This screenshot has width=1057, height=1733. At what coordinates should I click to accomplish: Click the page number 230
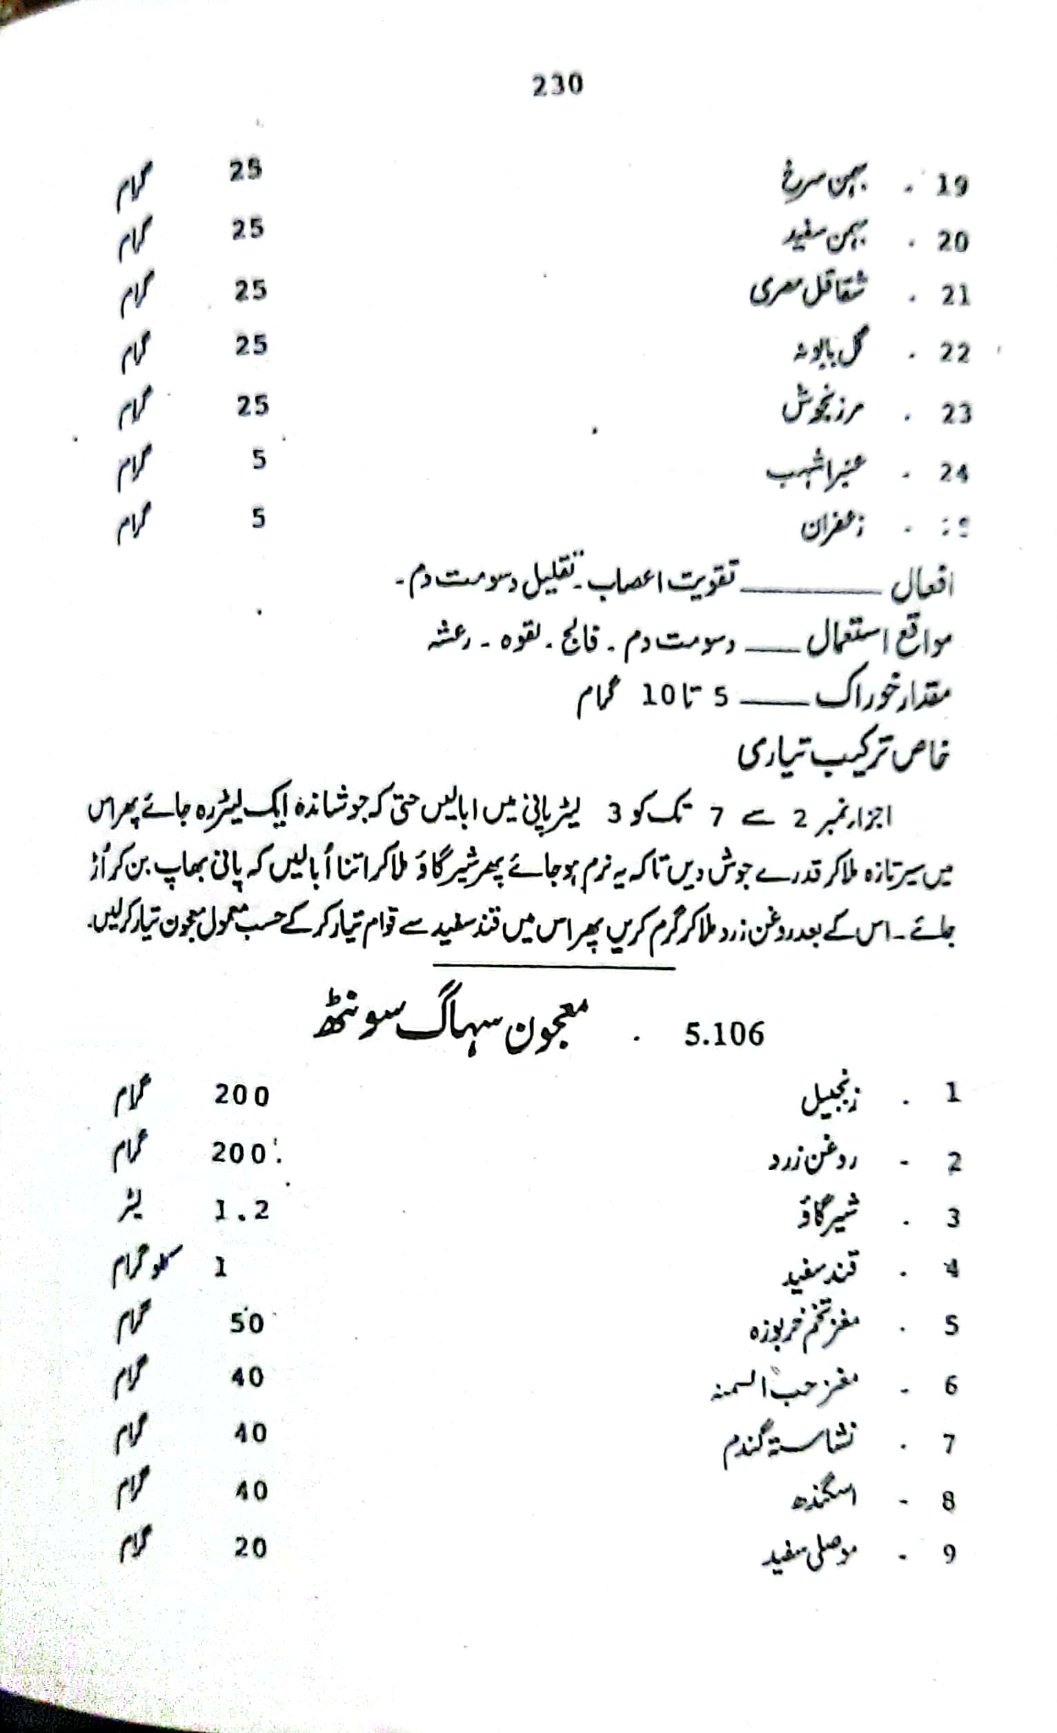(557, 85)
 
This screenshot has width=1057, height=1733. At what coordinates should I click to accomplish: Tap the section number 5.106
(724, 1035)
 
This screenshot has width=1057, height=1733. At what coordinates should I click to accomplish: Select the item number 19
(951, 186)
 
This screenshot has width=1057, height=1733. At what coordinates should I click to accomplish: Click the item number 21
(954, 296)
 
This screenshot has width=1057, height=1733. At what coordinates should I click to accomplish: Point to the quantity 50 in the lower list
(246, 1323)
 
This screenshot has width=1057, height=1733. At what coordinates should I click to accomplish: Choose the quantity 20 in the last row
(250, 1548)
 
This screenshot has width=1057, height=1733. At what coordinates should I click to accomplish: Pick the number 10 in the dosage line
(658, 696)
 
